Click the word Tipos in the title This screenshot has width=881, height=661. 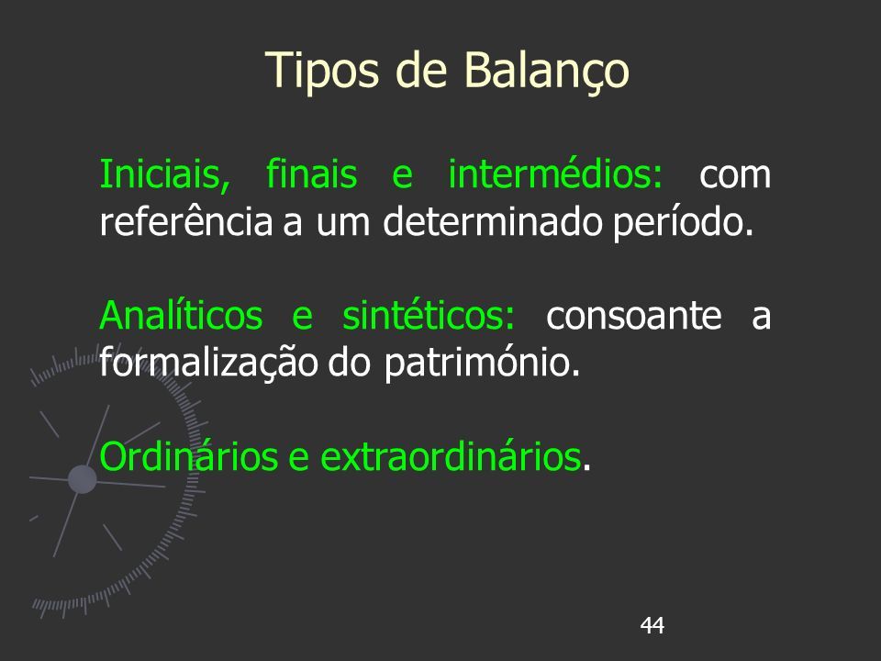tap(323, 72)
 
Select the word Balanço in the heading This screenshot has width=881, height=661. tap(546, 72)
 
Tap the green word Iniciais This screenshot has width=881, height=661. tap(164, 174)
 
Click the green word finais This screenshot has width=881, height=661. tap(311, 174)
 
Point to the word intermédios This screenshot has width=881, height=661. tap(556, 174)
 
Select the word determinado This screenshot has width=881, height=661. tap(493, 221)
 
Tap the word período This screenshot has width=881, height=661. tap(683, 222)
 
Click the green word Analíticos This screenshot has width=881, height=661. tap(181, 314)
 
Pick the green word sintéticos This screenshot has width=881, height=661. tap(429, 314)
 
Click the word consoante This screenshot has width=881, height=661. tap(634, 315)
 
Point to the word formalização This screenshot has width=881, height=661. tap(208, 363)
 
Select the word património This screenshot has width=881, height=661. tap(482, 364)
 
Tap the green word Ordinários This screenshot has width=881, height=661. tap(189, 456)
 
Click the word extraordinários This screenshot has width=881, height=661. tap(451, 456)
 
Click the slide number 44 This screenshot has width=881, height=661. tap(652, 625)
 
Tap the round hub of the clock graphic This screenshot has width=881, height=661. tap(82, 479)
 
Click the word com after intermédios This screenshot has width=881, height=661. tap(735, 175)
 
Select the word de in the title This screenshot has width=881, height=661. tap(421, 72)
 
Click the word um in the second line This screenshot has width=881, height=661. tap(342, 224)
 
